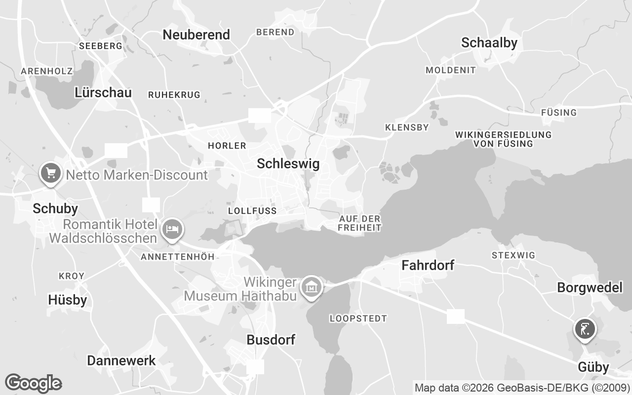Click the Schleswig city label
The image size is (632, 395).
click(x=288, y=164)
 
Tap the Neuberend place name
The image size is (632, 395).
click(x=197, y=35)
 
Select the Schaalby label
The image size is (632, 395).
click(x=489, y=43)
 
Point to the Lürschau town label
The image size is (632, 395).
click(x=103, y=92)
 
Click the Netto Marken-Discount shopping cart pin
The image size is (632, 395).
click(x=50, y=173)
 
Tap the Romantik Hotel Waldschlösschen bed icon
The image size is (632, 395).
click(x=172, y=230)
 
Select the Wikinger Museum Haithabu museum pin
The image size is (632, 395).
click(x=312, y=286)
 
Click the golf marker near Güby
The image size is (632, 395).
click(x=585, y=328)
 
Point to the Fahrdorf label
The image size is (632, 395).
click(x=428, y=266)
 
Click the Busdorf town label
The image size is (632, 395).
click(x=271, y=340)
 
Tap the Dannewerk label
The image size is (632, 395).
click(x=121, y=360)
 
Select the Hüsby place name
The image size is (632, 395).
click(x=68, y=300)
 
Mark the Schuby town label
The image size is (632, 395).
click(x=55, y=209)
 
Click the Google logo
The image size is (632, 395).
click(x=33, y=383)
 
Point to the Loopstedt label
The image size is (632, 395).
click(x=358, y=318)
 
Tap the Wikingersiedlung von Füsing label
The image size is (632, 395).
click(x=503, y=139)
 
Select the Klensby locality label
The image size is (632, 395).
click(x=407, y=127)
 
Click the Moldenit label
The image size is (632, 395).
click(x=451, y=70)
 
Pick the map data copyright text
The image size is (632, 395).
click(x=522, y=388)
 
